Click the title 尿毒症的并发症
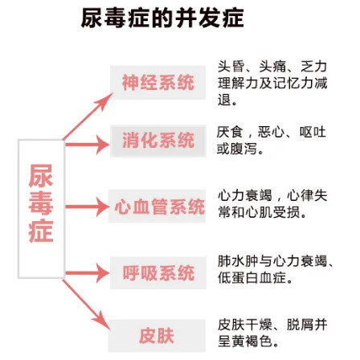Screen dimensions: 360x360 (162, 18)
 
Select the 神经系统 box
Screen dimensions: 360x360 (158, 83)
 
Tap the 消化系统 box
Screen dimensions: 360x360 (158, 141)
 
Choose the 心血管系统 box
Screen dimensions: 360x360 (157, 206)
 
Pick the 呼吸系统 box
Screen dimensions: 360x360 (158, 272)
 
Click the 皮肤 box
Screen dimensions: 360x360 (157, 336)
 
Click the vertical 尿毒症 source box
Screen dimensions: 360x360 (41, 209)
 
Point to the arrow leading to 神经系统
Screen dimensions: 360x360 (88, 117)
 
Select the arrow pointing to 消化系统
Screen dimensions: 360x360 (88, 145)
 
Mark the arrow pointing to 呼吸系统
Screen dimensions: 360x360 (88, 273)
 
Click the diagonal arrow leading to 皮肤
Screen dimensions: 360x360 (86, 305)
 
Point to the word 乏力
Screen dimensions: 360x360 (313, 67)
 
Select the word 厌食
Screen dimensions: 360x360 (230, 132)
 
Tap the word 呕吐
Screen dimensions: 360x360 (313, 132)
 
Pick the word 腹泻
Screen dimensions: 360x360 (243, 149)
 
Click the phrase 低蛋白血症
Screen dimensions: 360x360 (252, 278)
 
